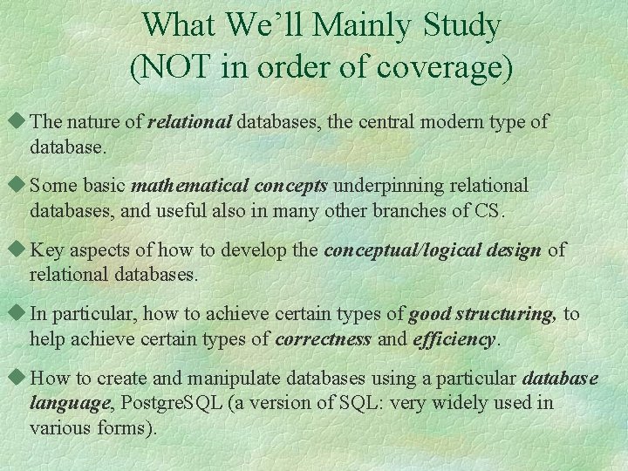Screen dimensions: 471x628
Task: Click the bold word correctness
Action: [323, 338]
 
